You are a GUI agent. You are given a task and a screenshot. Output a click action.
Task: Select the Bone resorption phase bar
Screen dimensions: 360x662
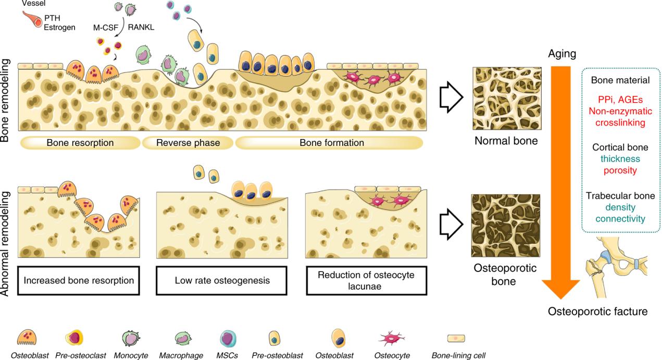click(80, 143)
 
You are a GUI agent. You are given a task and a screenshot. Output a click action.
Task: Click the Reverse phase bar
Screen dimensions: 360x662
click(188, 143)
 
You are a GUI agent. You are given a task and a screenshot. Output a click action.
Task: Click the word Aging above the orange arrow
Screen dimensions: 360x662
click(561, 54)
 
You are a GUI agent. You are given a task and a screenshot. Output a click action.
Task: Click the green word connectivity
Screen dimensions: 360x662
click(620, 219)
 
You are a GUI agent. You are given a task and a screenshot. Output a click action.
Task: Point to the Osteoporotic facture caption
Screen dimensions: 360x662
click(597, 312)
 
